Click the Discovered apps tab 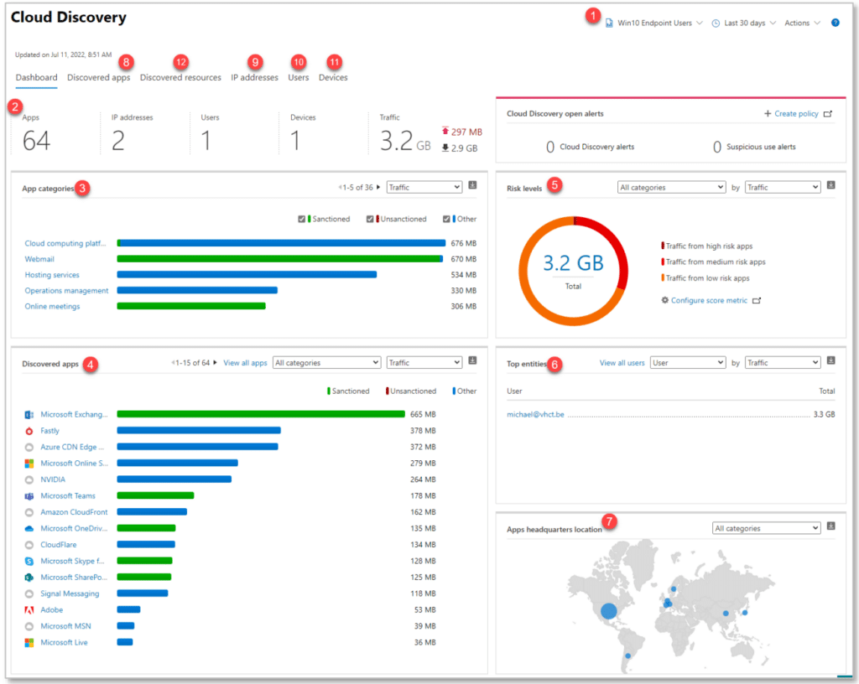coord(98,78)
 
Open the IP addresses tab coord(254,78)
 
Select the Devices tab coord(333,78)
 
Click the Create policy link coord(791,114)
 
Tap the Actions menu coord(802,23)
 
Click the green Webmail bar coord(279,259)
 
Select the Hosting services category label coord(52,275)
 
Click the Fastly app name coord(50,431)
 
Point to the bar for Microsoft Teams coord(155,496)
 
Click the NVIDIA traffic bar coord(174,479)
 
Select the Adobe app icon coord(29,610)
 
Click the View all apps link coord(245,363)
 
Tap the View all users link coord(622,363)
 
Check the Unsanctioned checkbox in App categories coord(370,220)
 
